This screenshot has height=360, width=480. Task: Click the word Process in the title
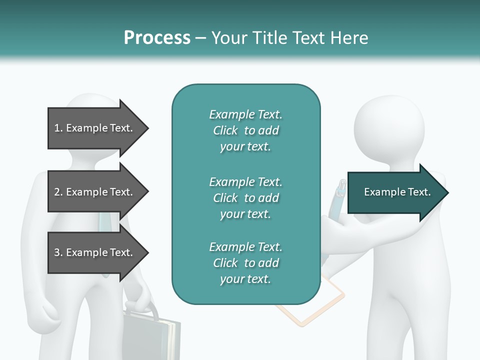pos(157,37)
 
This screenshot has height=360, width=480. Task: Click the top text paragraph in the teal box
pos(245,130)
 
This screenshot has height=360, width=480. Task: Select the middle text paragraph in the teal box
pos(245,198)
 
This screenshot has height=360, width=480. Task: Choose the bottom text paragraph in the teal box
pos(245,263)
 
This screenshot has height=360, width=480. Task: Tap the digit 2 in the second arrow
pos(56,192)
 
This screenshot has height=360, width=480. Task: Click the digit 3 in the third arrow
pos(56,252)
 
